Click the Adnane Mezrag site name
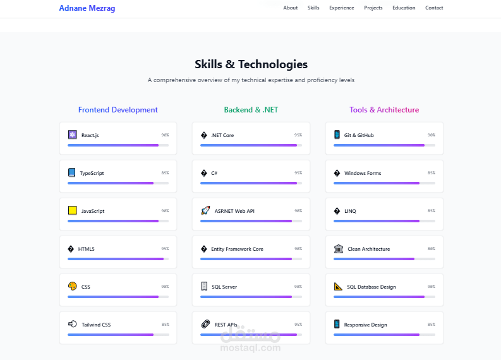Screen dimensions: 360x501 click(x=87, y=8)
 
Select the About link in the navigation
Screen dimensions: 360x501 click(x=291, y=8)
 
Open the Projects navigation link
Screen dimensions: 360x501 click(x=373, y=8)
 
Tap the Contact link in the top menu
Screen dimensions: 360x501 click(x=434, y=8)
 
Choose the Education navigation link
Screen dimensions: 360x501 click(x=404, y=8)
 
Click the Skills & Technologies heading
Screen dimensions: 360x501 click(x=251, y=64)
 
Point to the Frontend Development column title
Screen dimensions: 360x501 click(x=118, y=110)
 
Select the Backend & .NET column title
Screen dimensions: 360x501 click(x=251, y=110)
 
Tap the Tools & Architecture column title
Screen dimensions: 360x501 click(x=384, y=110)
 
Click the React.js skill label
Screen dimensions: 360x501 click(x=90, y=135)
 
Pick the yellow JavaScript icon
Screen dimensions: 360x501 click(x=73, y=210)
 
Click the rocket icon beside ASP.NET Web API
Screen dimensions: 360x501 click(x=205, y=210)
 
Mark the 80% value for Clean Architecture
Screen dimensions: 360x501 click(x=431, y=249)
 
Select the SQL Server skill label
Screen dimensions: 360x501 click(x=224, y=287)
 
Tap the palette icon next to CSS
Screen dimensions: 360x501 click(x=73, y=286)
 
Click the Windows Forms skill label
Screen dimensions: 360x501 click(x=363, y=173)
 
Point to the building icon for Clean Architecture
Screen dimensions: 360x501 click(x=339, y=248)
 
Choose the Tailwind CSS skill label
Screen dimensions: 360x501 click(x=96, y=325)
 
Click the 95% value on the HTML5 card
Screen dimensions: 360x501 click(x=165, y=249)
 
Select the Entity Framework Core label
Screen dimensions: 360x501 click(x=237, y=249)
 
